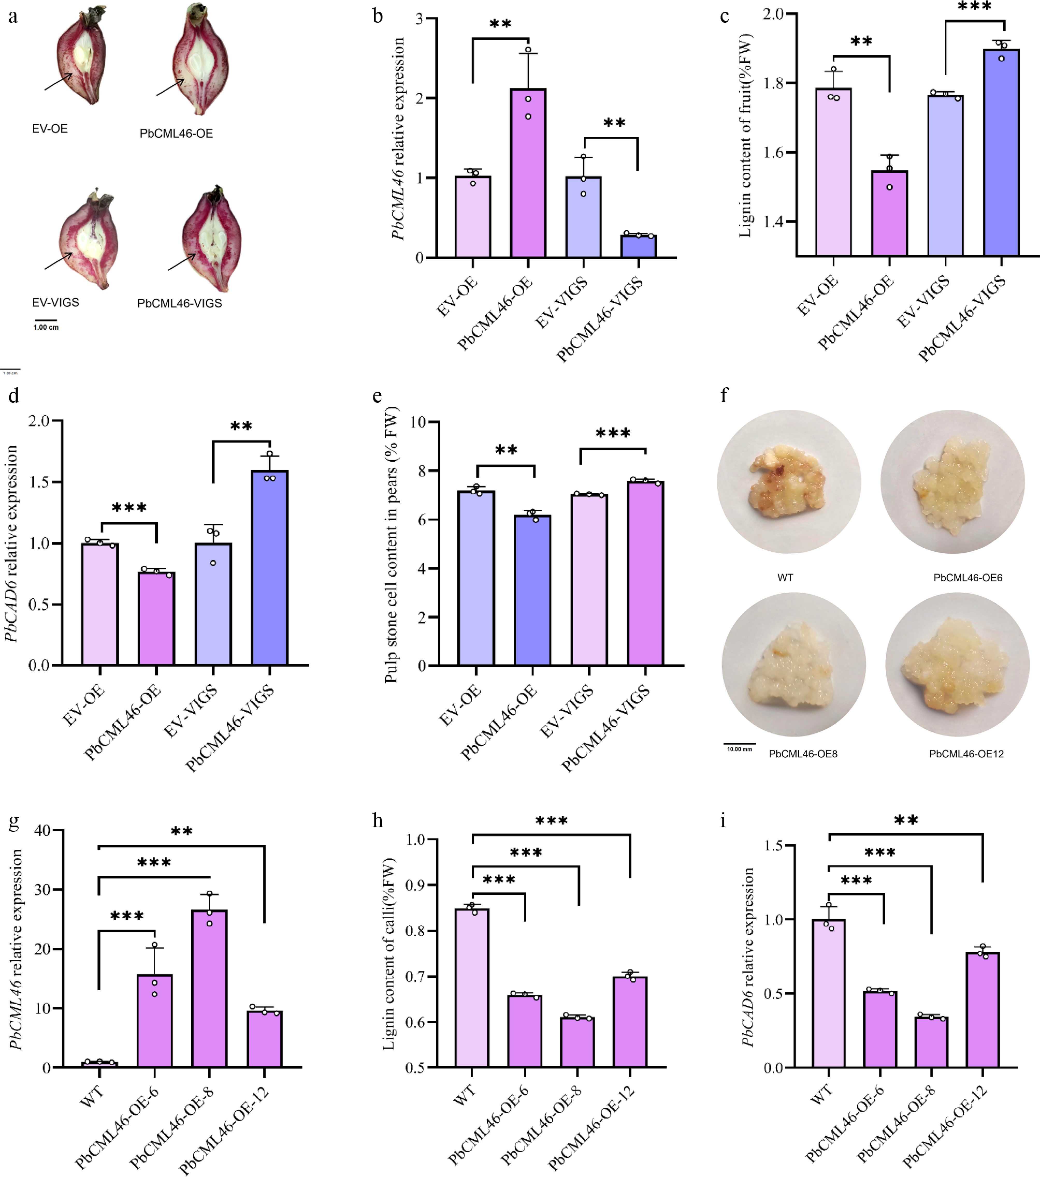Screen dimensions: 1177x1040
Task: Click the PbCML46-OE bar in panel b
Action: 528,173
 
